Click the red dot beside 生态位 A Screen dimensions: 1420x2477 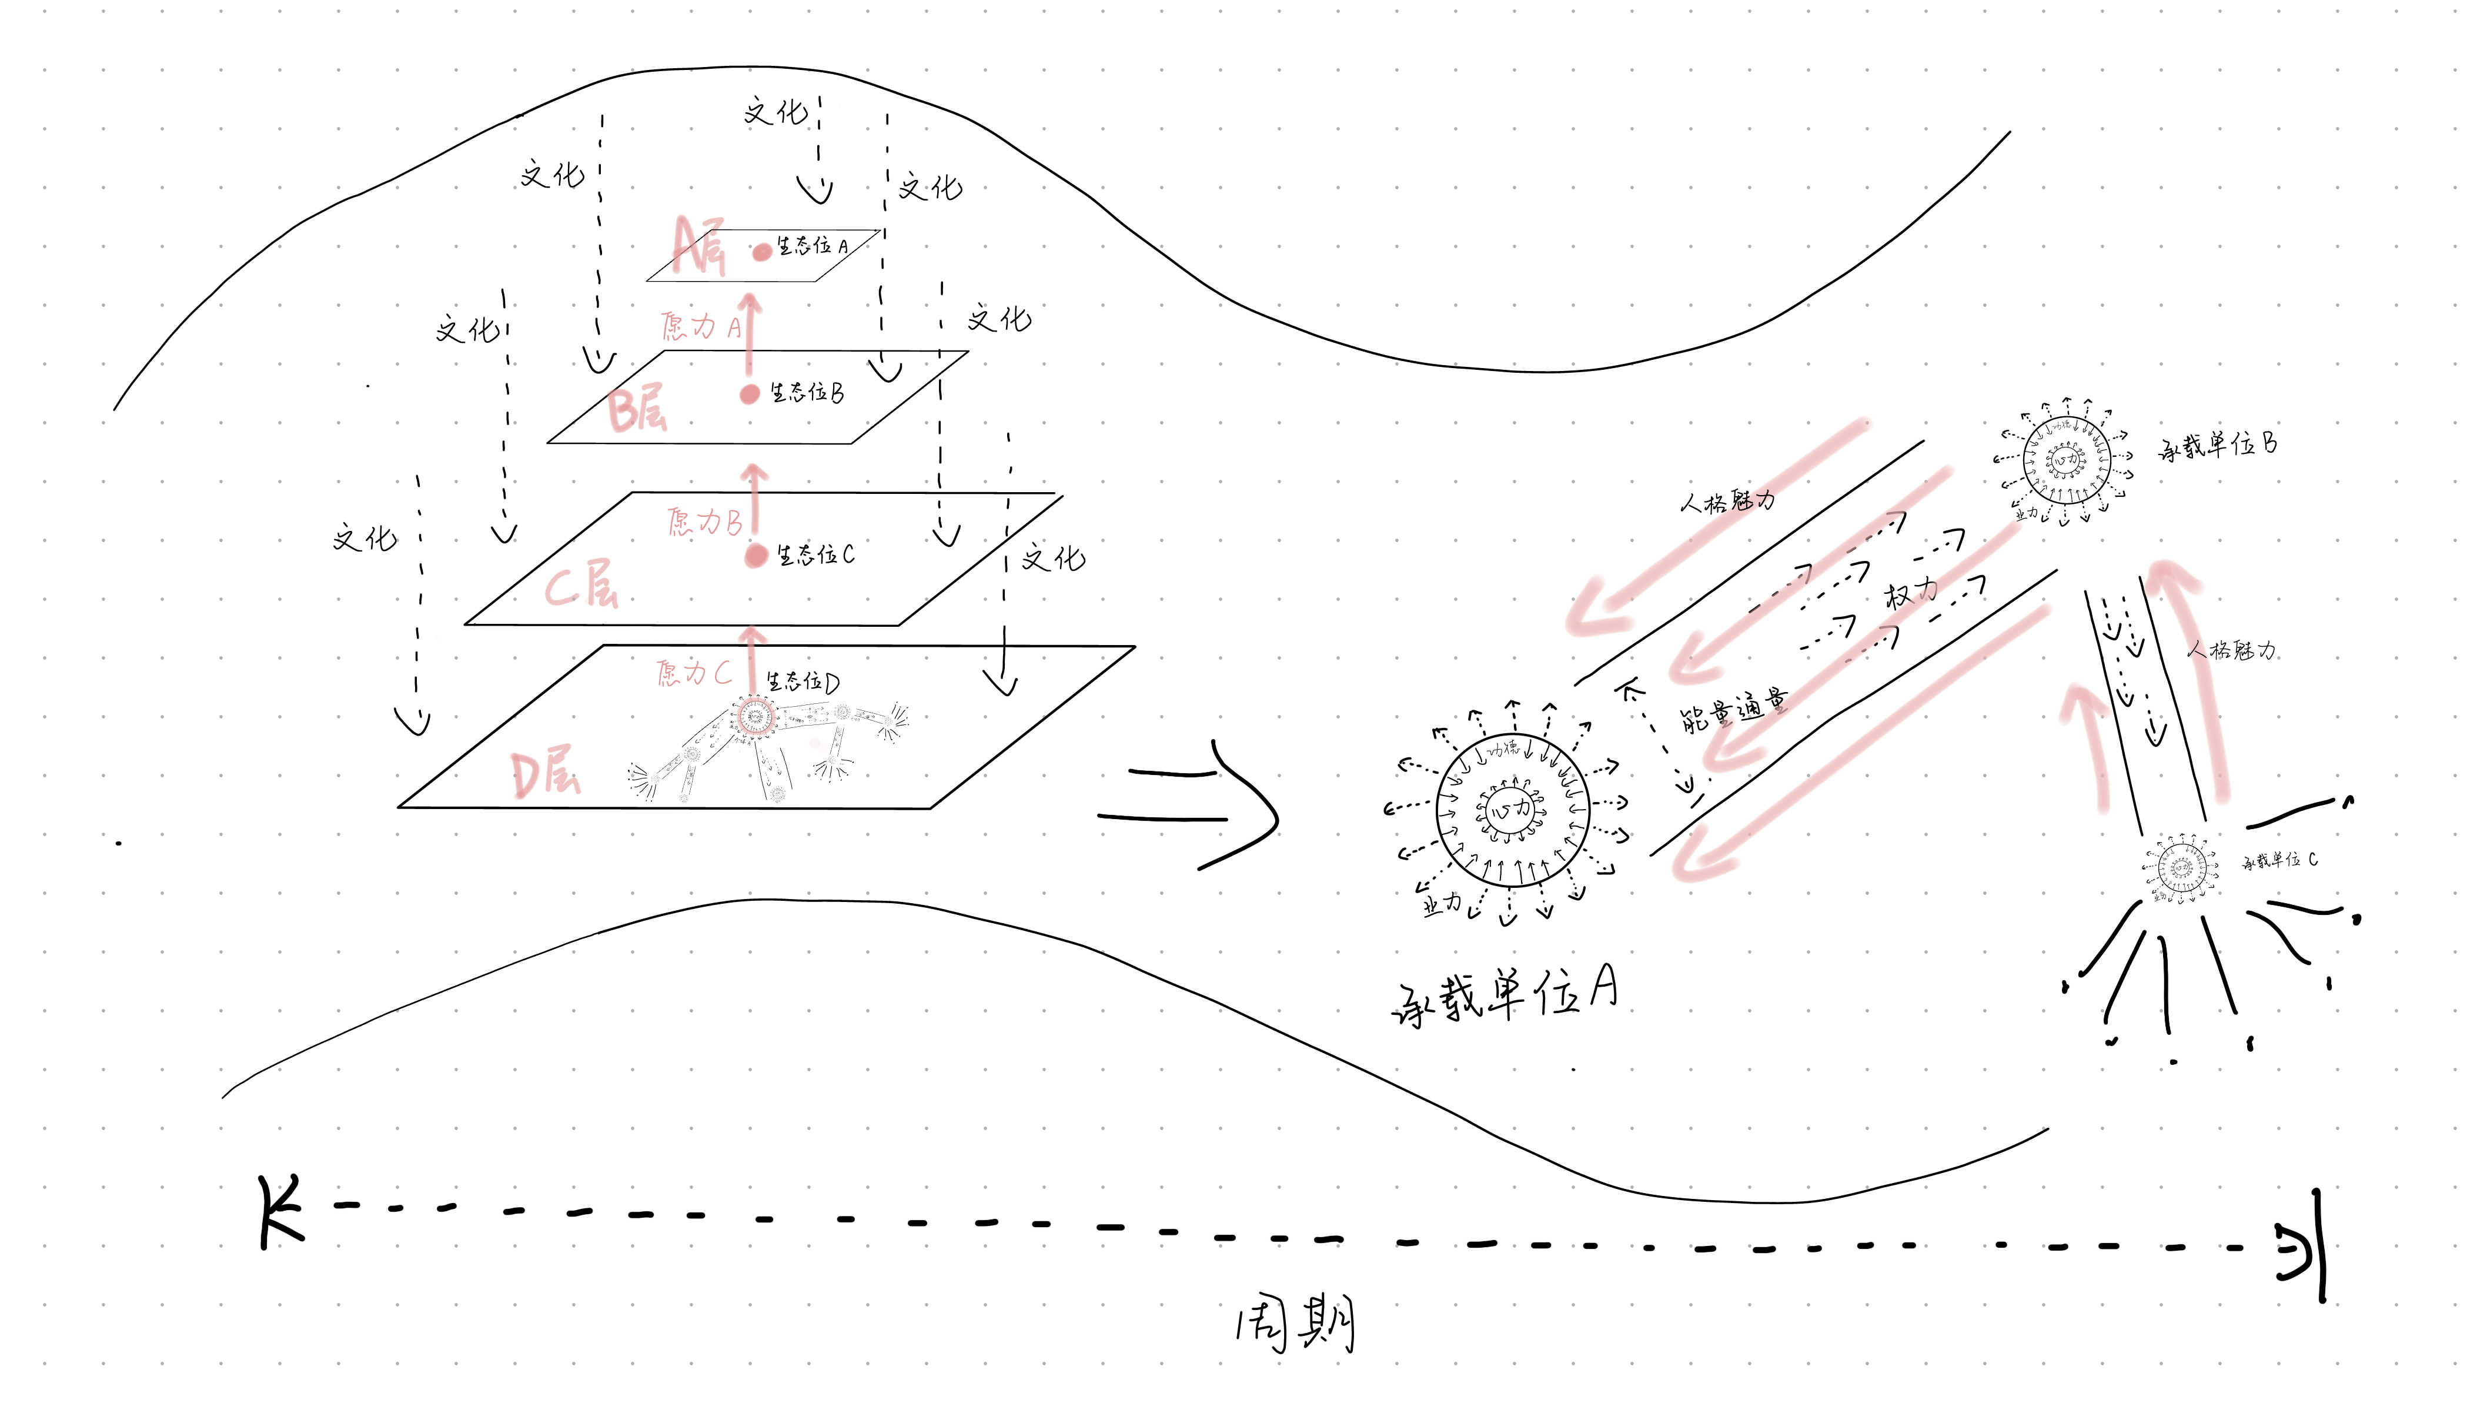761,252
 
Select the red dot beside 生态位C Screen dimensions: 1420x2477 756,556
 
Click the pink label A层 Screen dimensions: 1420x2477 699,247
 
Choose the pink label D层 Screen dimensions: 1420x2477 545,773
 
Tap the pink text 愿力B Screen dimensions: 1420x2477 704,522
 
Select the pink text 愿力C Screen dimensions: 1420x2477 693,672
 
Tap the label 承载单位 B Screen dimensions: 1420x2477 2218,446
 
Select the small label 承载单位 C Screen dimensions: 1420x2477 2279,860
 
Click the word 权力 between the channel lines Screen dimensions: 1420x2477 1911,593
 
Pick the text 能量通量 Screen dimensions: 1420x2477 1734,710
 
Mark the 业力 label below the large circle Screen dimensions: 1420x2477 1442,904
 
